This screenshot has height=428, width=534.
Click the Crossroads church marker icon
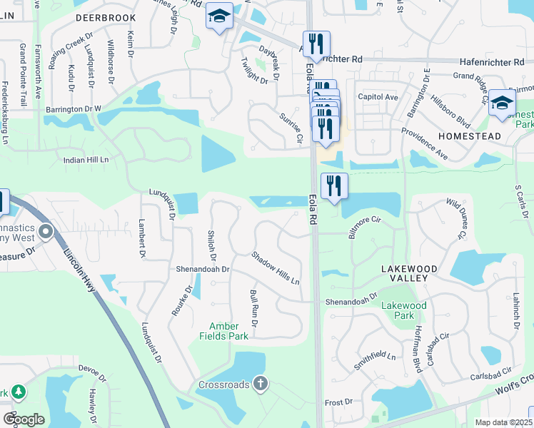(261, 384)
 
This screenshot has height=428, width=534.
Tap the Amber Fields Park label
(228, 331)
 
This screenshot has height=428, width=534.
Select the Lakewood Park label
(403, 310)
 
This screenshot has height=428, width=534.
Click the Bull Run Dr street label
(254, 308)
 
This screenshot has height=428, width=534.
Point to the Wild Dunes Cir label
(455, 219)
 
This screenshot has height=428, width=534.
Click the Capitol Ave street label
(378, 96)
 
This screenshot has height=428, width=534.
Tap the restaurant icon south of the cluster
(334, 187)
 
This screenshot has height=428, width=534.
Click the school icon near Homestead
(502, 103)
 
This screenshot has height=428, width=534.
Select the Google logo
(24, 419)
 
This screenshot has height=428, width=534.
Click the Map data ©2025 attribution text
(503, 422)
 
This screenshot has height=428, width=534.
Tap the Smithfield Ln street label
(375, 360)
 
